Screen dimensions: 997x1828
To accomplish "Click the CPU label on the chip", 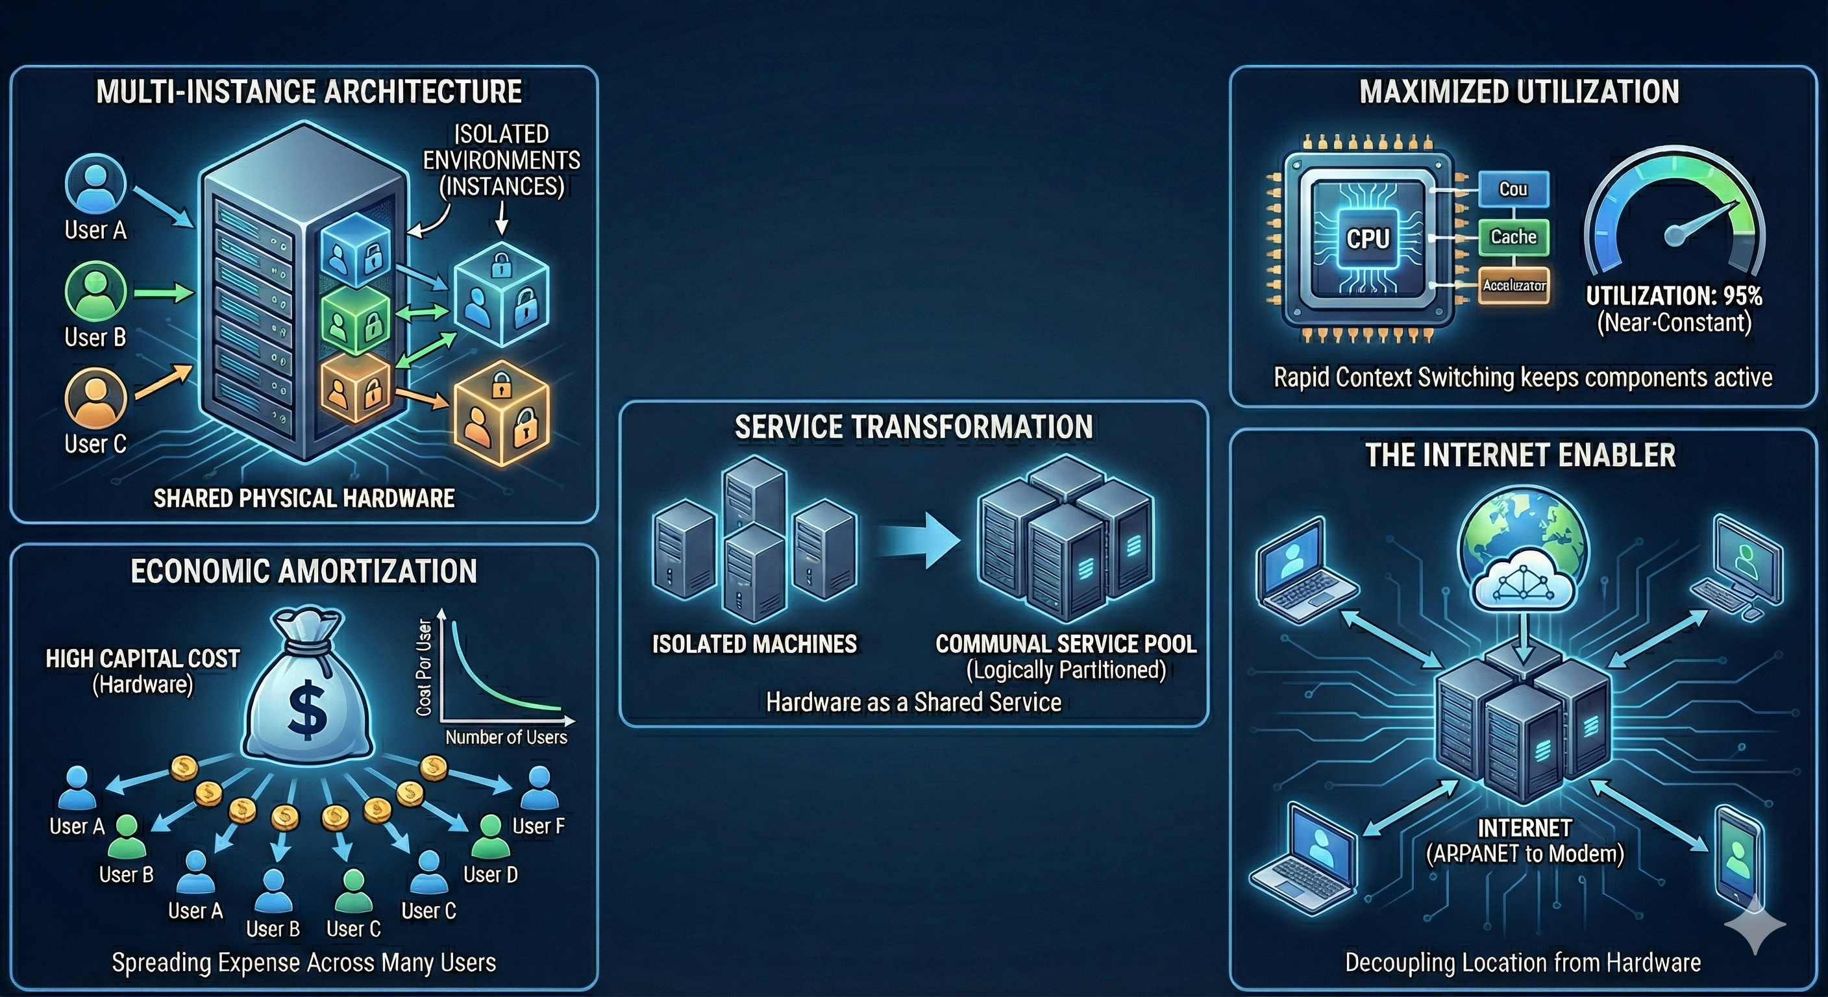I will coord(1368,238).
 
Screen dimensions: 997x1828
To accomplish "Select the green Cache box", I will coord(1513,237).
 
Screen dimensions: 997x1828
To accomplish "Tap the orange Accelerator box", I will coord(1514,285).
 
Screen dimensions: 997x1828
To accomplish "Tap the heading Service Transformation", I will coord(913,427).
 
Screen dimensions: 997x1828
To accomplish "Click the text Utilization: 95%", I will coord(1674,296).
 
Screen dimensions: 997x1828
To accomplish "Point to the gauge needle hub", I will coord(1675,234).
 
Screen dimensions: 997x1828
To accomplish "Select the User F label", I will coord(538,826).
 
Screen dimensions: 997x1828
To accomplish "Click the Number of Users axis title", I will coord(506,737).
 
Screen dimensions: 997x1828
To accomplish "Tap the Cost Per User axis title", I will coord(425,667).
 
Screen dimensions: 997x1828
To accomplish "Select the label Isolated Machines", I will coord(754,644).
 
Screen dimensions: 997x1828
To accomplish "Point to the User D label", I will coord(490,874).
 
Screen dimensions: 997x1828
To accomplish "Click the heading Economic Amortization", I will coord(304,571).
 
